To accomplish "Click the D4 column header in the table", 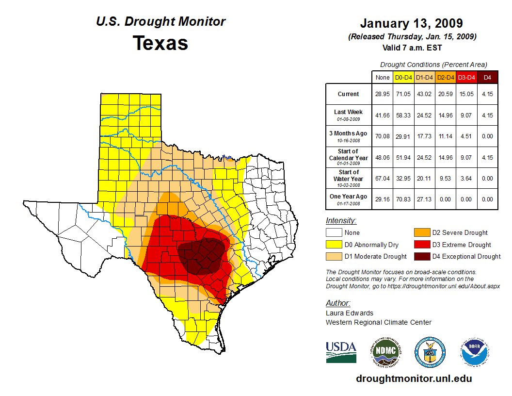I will tap(487, 77).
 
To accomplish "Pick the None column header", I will tap(383, 77).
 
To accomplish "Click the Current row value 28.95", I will tap(383, 94).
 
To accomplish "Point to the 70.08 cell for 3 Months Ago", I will tap(383, 136).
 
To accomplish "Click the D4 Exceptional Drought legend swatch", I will tap(421, 256).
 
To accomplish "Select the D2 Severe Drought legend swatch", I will tap(421, 233).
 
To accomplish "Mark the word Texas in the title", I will tap(160, 43).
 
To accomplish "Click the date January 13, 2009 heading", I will tap(411, 23).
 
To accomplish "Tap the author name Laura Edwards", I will tap(350, 313).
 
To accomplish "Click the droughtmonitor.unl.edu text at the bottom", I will tap(414, 379).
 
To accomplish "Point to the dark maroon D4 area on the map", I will tap(201, 255).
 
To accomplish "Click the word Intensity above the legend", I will tap(341, 221).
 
